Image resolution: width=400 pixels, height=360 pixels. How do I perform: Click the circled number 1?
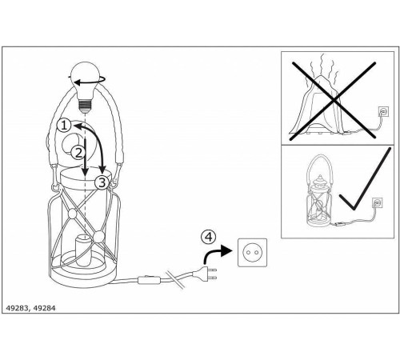pyautogui.click(x=64, y=126)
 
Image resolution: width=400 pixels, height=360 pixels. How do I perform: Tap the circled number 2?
pyautogui.click(x=78, y=153)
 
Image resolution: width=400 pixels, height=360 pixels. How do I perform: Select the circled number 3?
pyautogui.click(x=102, y=182)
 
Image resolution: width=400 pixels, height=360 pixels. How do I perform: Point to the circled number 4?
pyautogui.click(x=209, y=237)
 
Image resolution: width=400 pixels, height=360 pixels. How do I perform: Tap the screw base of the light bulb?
pyautogui.click(x=86, y=105)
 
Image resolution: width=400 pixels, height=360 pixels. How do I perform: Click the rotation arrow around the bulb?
pyautogui.click(x=87, y=82)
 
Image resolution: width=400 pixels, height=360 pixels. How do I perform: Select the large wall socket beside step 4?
pyautogui.click(x=252, y=252)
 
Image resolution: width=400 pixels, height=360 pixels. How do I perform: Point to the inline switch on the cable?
pyautogui.click(x=149, y=280)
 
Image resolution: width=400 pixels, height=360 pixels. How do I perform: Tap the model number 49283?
pyautogui.click(x=17, y=308)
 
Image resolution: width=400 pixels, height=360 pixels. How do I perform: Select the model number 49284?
pyautogui.click(x=45, y=308)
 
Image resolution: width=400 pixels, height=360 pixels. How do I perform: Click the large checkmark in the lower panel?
pyautogui.click(x=366, y=179)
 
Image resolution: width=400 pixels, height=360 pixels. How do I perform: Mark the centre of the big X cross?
pyautogui.click(x=334, y=101)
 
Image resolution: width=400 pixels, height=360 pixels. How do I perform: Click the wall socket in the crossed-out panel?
pyautogui.click(x=383, y=111)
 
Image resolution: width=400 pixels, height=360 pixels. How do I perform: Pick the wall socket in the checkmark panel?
pyautogui.click(x=377, y=203)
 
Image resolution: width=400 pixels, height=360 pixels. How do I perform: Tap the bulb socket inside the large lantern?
pyautogui.click(x=84, y=250)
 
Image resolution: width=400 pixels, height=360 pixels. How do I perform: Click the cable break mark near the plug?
pyautogui.click(x=175, y=279)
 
